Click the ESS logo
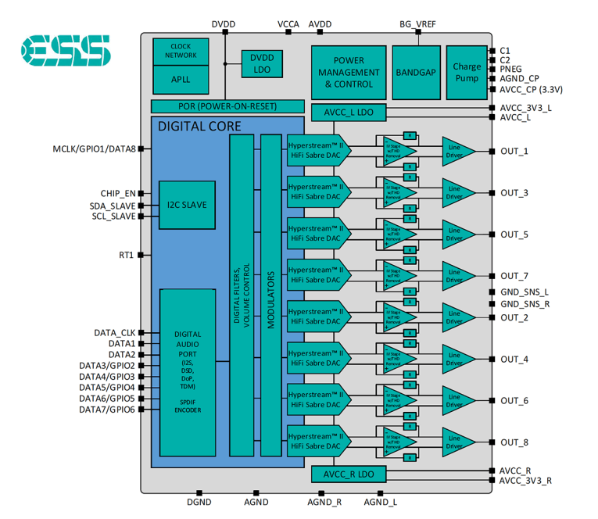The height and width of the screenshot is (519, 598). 66,50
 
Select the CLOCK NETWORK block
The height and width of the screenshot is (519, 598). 181,51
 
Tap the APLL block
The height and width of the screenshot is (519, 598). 181,80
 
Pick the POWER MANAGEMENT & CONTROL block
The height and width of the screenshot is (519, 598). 348,72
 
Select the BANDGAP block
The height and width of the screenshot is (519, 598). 415,72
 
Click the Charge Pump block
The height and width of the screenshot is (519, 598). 467,72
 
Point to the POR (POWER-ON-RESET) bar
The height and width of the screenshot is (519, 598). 227,106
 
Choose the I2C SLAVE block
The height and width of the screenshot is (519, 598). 186,204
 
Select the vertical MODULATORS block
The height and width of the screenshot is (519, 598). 270,295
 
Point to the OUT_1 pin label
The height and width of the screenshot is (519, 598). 514,151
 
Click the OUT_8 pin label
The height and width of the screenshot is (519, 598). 514,442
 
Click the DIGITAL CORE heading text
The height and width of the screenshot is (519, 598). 199,126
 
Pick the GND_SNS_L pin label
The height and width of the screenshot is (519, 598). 525,292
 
